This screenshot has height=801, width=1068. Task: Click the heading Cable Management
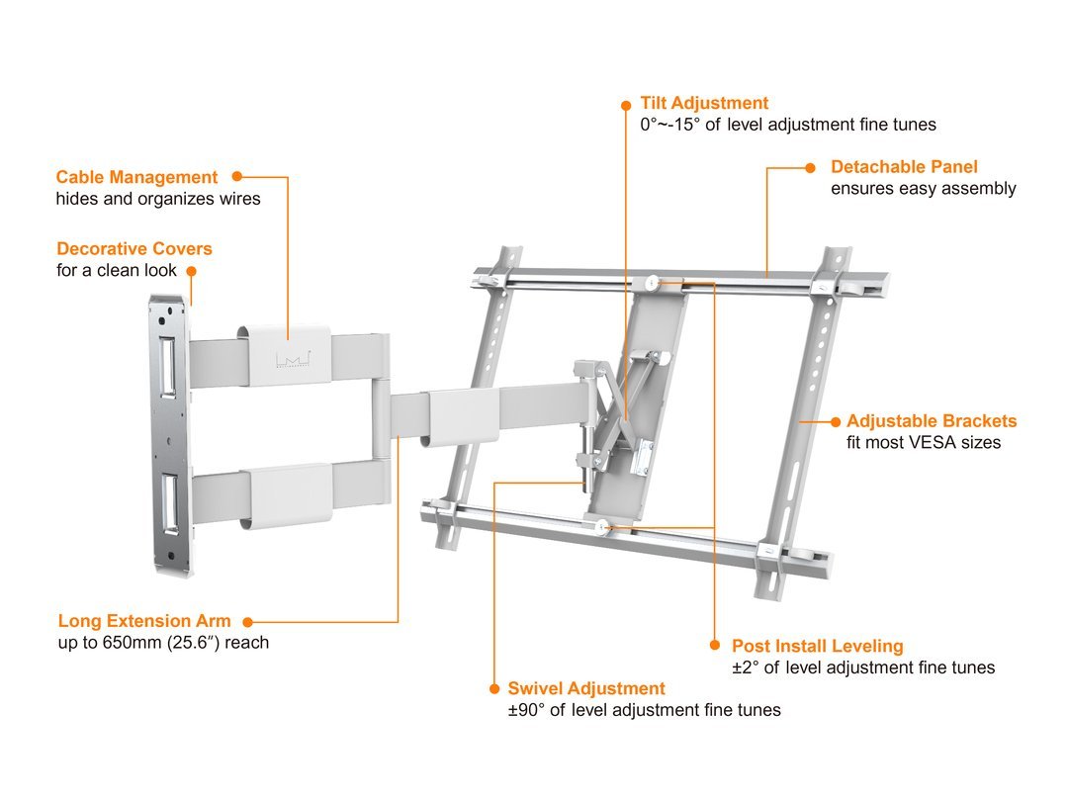coord(136,178)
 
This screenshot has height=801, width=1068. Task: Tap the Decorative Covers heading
coord(134,249)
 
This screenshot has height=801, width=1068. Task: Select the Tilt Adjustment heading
coord(704,103)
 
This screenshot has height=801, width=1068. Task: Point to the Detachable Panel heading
coord(904,167)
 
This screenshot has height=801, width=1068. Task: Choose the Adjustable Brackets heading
coord(932,421)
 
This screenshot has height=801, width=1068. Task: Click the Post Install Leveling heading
coord(818,646)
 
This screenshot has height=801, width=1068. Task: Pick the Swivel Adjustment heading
coord(586,688)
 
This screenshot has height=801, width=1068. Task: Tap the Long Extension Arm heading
coord(144,622)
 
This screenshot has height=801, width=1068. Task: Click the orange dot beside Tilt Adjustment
coord(625,103)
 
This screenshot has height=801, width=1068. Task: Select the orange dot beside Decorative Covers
coord(192,270)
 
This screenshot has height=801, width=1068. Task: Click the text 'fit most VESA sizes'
coord(924,443)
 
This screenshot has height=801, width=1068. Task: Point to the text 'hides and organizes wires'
coord(158,199)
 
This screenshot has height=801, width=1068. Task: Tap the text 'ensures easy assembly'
coord(924,189)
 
